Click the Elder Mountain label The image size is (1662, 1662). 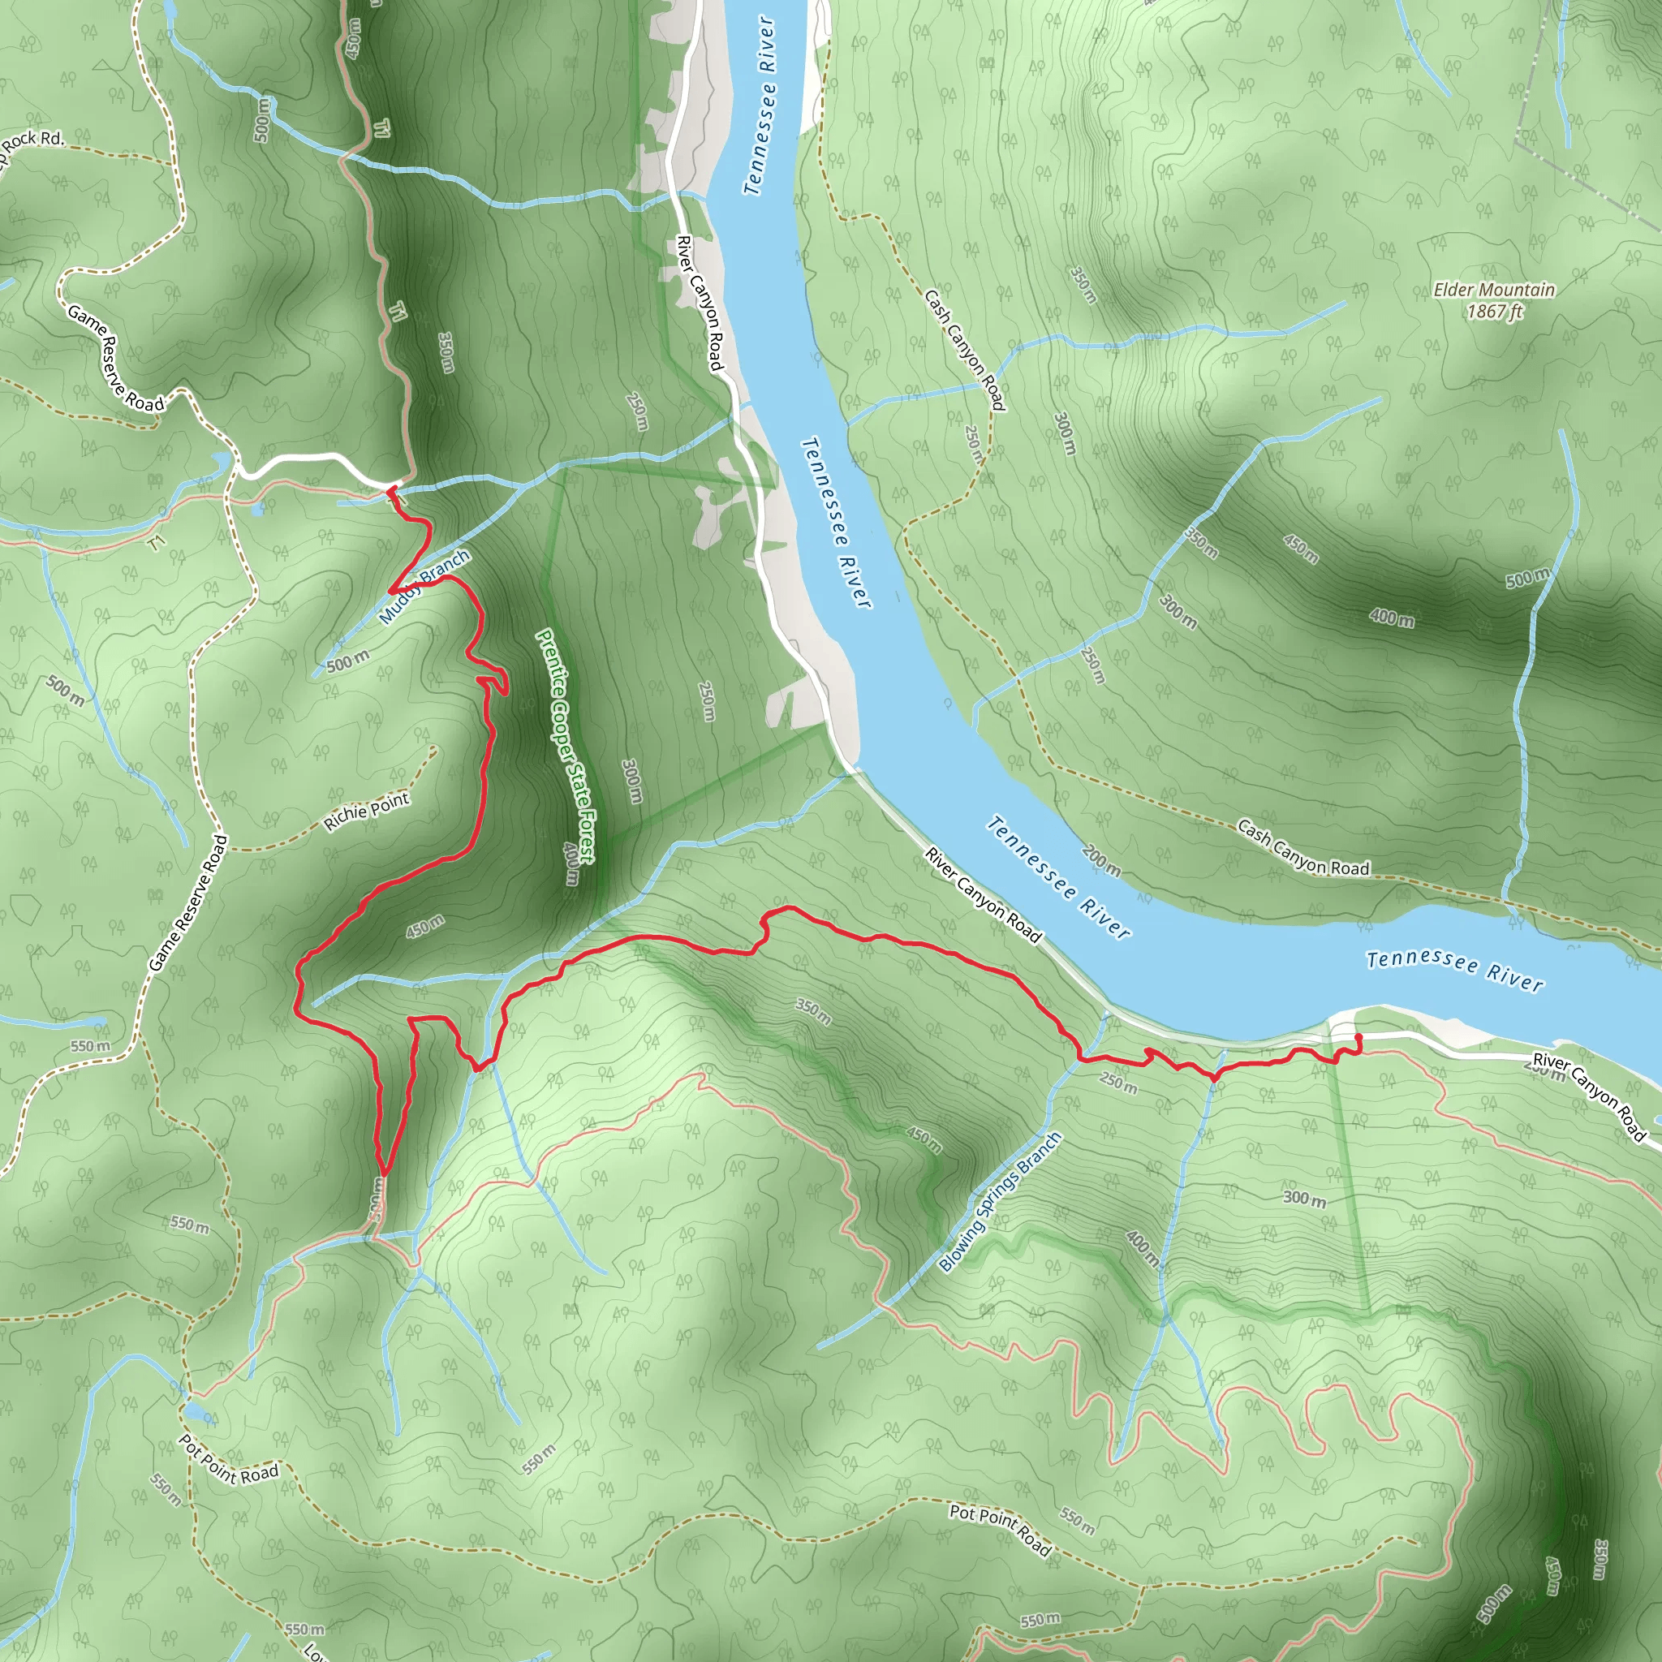[1493, 290]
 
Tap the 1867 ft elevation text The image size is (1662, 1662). [1494, 311]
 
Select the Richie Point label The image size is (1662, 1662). [367, 812]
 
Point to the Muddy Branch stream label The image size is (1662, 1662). [424, 586]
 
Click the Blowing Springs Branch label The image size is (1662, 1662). [1000, 1202]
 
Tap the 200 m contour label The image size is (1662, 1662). [1101, 860]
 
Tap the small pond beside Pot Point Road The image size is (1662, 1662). [195, 1413]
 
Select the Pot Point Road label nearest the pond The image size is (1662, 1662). [228, 1460]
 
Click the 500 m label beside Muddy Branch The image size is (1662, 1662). [347, 661]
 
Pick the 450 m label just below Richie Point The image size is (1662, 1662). [425, 927]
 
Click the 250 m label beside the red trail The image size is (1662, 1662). [1118, 1083]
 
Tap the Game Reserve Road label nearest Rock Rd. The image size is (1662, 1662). [115, 357]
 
